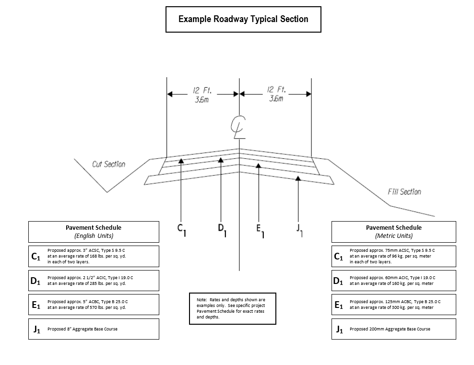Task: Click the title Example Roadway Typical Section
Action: tap(243, 19)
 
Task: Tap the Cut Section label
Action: tap(108, 164)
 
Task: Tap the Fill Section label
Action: tap(404, 191)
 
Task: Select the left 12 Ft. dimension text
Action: tap(202, 90)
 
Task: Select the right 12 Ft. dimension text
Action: tap(276, 90)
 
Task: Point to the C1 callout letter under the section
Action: tap(181, 230)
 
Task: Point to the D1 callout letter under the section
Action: tap(222, 230)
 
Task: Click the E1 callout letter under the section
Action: tap(261, 231)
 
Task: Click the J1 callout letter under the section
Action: tap(299, 231)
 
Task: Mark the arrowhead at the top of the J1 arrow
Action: tap(298, 178)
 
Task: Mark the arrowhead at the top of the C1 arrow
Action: tap(181, 161)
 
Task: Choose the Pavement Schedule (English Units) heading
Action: tap(94, 232)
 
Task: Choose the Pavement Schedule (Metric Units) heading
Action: tap(393, 232)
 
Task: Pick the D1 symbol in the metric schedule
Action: tap(338, 281)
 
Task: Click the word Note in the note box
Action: tap(202, 300)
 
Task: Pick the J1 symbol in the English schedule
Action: tap(36, 329)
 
